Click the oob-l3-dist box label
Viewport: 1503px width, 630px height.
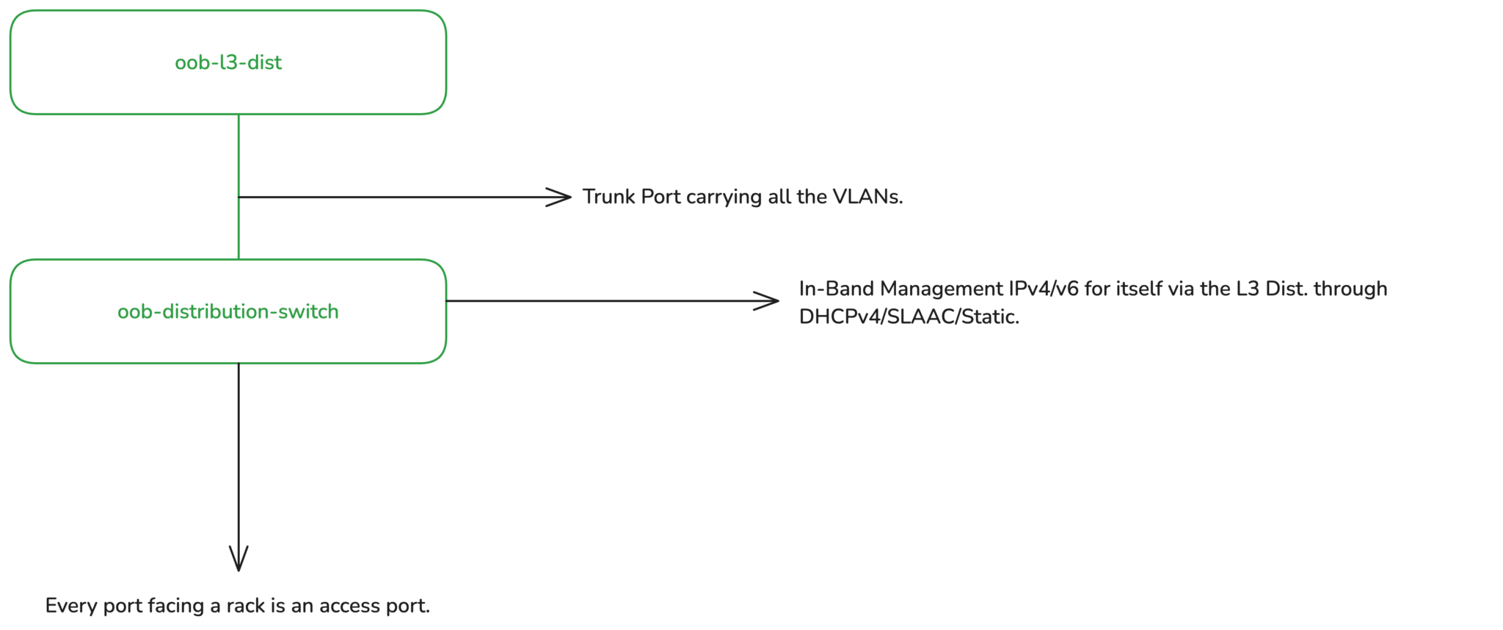(228, 62)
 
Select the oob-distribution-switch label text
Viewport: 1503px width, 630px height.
(228, 311)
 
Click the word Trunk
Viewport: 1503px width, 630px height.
(609, 197)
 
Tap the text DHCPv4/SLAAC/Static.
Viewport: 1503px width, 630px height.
(909, 316)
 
